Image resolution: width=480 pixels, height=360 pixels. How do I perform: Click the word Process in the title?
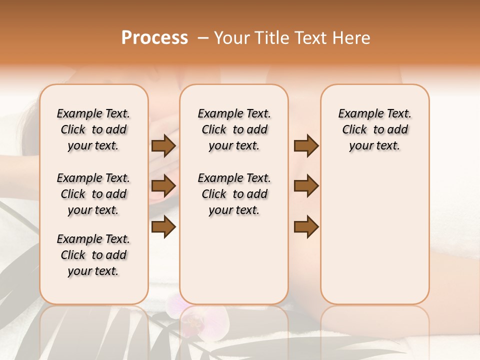click(x=154, y=38)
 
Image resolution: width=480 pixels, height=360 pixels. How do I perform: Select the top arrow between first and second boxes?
click(x=163, y=146)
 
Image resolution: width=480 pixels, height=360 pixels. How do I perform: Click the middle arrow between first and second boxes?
click(x=163, y=186)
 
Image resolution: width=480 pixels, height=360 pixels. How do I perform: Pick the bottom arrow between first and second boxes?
click(x=163, y=227)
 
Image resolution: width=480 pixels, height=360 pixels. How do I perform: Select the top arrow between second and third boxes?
click(x=306, y=146)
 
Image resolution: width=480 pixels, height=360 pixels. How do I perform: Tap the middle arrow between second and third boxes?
click(x=306, y=186)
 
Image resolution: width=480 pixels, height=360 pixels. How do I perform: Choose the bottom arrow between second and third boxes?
click(x=306, y=227)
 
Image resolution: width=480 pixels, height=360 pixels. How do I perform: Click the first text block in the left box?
click(x=93, y=129)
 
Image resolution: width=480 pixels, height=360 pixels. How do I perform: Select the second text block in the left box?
click(x=93, y=194)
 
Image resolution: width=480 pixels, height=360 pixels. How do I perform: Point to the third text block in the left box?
click(x=93, y=255)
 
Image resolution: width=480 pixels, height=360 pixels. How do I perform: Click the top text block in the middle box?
click(x=234, y=129)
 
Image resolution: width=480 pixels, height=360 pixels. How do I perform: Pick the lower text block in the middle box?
click(x=234, y=194)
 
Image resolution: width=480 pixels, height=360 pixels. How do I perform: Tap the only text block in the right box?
click(x=374, y=129)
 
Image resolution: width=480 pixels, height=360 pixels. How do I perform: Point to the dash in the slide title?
click(x=203, y=38)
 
